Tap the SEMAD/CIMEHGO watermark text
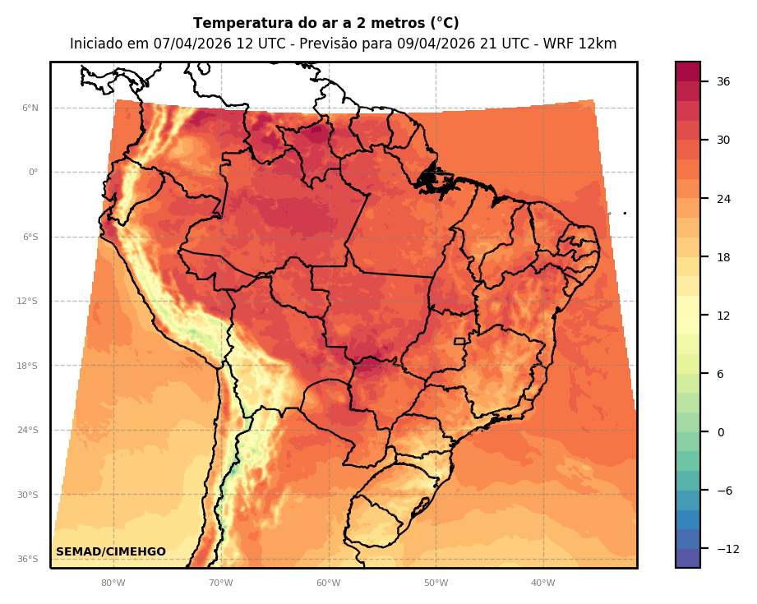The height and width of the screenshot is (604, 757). [x=111, y=551]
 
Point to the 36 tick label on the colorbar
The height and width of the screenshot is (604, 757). [x=723, y=81]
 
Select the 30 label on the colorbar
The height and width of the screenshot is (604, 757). [x=723, y=140]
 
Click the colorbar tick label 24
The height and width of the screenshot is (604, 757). [x=723, y=199]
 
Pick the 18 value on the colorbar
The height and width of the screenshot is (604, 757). [x=723, y=257]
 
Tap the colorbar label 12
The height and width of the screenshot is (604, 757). [x=723, y=316]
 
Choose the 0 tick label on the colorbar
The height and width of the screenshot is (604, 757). [x=721, y=432]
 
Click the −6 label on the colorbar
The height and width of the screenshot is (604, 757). [x=723, y=491]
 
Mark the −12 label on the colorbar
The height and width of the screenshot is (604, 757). [x=727, y=549]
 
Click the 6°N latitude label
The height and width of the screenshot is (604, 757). [x=30, y=108]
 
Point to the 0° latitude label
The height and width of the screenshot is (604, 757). [x=33, y=173]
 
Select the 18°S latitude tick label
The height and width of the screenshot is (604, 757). [x=28, y=366]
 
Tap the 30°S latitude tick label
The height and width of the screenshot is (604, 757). [x=28, y=495]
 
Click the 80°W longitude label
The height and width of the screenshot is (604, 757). [x=113, y=583]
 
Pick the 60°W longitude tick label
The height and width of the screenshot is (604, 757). [x=328, y=583]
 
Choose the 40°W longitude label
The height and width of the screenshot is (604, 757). [x=542, y=583]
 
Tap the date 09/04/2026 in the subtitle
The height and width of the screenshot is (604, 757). [x=430, y=44]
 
